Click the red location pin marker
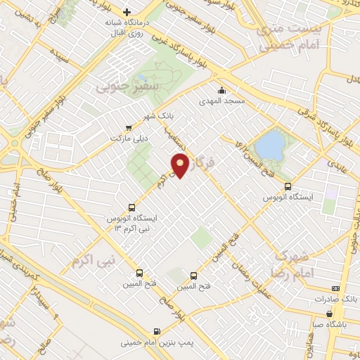[x=181, y=165]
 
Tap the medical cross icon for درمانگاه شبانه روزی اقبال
[x=127, y=12]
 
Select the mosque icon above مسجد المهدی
[x=222, y=90]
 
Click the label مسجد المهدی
[x=223, y=102]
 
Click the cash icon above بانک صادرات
[x=336, y=288]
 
